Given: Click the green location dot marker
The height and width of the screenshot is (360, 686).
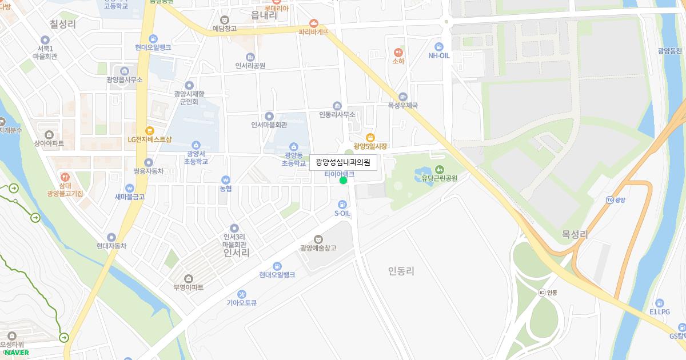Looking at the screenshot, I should click(343, 181).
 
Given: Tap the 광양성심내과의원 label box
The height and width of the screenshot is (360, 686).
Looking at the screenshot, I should click(343, 163).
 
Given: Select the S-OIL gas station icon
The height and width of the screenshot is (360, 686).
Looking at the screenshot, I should click(342, 204).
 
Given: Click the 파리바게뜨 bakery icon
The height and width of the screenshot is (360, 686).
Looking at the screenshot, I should click(313, 23).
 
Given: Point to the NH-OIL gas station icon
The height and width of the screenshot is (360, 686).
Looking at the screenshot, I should click(438, 46).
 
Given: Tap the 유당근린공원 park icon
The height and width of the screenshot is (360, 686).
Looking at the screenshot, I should click(439, 169).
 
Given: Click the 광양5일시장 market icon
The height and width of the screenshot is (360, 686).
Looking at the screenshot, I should click(370, 137).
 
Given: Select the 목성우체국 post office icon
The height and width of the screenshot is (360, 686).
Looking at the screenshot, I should click(403, 97).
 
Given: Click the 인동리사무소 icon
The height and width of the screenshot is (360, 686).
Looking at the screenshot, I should click(337, 106).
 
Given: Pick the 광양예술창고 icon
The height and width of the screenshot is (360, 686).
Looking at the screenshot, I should click(318, 239).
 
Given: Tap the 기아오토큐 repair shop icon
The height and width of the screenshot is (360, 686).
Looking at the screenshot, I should click(242, 294).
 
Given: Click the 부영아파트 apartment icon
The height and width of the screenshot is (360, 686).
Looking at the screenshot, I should click(189, 278).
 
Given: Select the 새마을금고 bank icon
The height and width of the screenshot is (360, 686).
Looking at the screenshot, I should click(130, 188).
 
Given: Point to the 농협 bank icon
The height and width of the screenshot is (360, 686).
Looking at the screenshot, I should click(226, 179).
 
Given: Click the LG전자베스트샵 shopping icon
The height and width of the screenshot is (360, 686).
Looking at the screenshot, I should click(149, 130).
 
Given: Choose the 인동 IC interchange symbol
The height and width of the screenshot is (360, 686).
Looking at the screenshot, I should click(541, 293).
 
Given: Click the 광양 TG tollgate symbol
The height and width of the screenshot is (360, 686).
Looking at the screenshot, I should click(610, 199).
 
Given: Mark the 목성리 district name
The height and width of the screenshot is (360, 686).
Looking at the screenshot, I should click(575, 234).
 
